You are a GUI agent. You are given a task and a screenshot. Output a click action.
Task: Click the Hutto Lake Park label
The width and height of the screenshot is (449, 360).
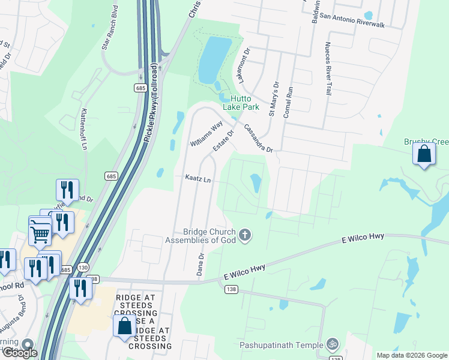point(241,102)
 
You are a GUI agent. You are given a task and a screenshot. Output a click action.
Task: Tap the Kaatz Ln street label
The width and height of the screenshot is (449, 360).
point(198,179)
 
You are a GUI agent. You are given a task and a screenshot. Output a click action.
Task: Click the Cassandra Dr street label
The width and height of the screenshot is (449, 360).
point(259,138)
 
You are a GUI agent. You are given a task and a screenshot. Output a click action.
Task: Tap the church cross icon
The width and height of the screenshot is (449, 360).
point(244,235)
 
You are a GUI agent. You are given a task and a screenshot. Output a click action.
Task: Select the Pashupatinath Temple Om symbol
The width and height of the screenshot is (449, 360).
point(332,344)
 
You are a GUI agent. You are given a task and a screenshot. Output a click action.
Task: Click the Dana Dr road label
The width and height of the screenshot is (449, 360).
point(201,264)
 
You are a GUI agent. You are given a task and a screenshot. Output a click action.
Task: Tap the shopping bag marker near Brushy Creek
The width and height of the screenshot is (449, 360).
point(424,154)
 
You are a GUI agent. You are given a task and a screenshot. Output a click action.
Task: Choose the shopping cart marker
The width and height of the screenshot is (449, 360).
point(40,230)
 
